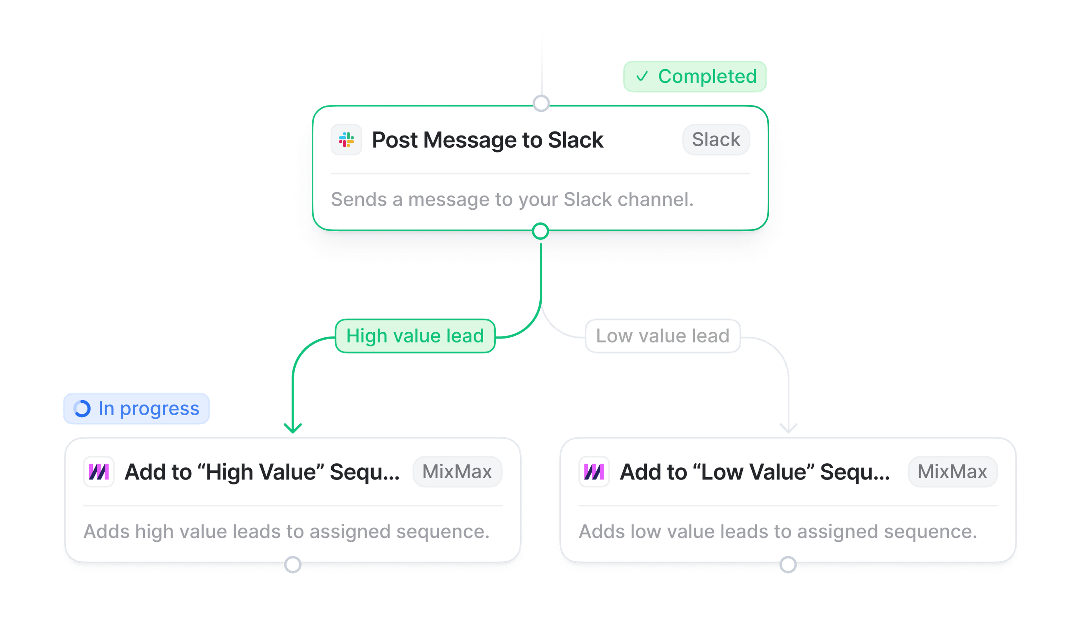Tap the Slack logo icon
coord(346,140)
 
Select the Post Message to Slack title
coord(487,140)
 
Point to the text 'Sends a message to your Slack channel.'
coord(512,200)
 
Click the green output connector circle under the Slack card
coord(540,231)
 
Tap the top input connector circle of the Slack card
coord(541,103)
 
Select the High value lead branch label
coord(415,336)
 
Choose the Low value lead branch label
coord(662,336)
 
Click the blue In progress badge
coord(137,409)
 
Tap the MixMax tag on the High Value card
coord(457,472)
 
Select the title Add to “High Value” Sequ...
coord(262,472)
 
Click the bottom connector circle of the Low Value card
coord(788,565)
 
